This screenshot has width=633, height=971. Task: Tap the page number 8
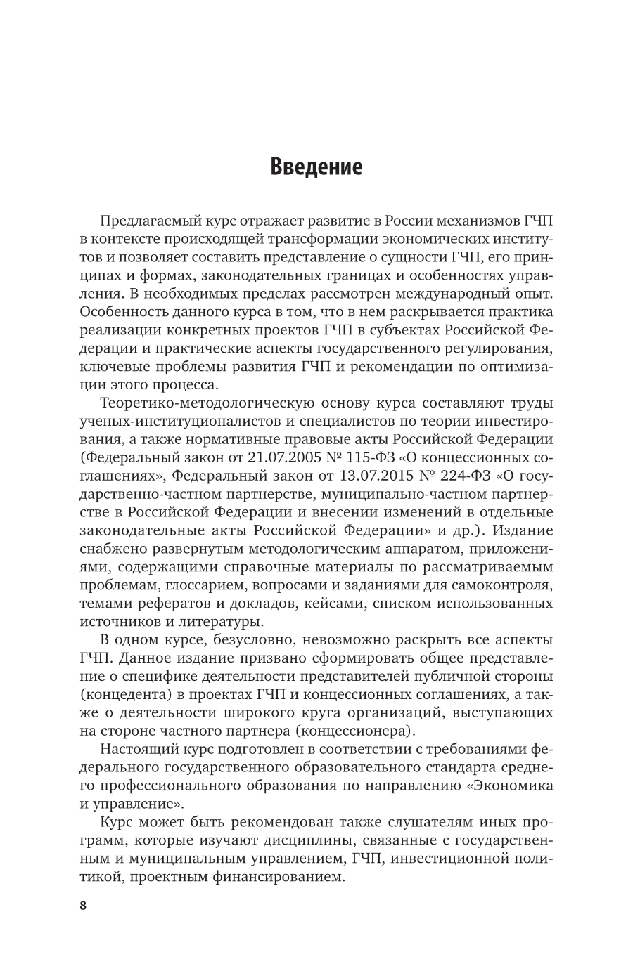[x=83, y=905]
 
